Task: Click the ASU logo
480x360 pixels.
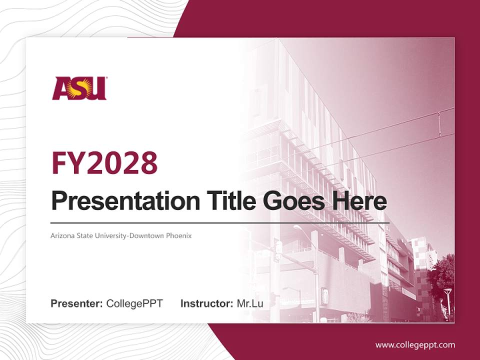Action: (x=79, y=88)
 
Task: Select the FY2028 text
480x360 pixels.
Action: (x=104, y=162)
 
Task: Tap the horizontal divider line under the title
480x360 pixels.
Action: (x=220, y=222)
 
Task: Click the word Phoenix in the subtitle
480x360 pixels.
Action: (x=179, y=235)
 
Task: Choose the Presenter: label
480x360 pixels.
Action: (x=77, y=303)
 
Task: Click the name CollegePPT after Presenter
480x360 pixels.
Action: (x=134, y=303)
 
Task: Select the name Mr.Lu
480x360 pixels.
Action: (x=249, y=303)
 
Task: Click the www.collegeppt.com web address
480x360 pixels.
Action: (x=415, y=344)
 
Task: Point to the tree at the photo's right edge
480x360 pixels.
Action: (x=442, y=280)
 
